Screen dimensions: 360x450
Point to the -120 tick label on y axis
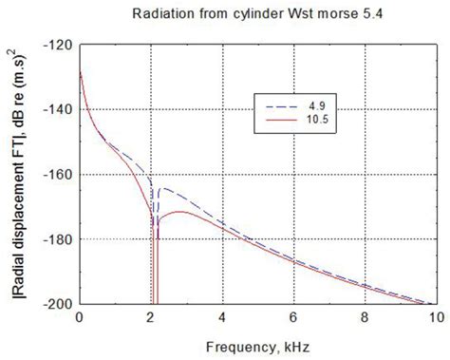tap(58, 45)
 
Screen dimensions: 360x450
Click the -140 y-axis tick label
tap(58, 109)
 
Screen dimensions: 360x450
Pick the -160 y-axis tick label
tap(58, 175)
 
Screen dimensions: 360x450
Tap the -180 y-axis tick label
tap(58, 239)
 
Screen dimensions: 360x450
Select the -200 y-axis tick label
tap(58, 304)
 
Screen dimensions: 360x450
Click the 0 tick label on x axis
tap(79, 317)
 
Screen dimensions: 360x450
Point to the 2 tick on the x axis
tap(150, 317)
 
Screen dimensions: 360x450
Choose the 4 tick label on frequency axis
tap(221, 317)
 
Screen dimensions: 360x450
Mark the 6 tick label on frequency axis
tap(293, 317)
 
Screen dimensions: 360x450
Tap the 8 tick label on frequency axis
tap(365, 317)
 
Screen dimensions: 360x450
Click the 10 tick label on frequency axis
tap(436, 317)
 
